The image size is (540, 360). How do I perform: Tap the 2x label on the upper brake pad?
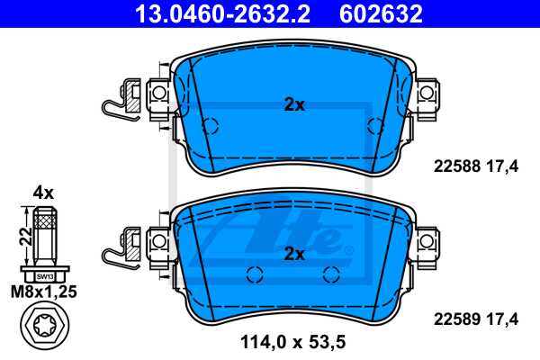click(x=294, y=104)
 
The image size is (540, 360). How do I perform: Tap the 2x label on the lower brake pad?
click(x=294, y=254)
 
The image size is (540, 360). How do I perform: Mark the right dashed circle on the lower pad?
click(x=331, y=274)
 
